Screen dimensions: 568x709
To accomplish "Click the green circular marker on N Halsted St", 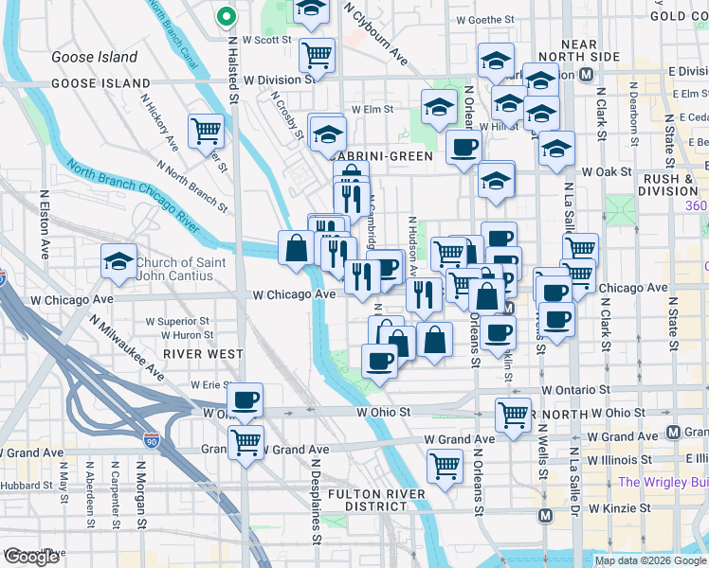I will [226, 16].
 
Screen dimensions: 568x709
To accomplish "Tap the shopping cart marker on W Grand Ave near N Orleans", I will [445, 465].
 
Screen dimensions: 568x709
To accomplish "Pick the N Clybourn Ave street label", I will [376, 34].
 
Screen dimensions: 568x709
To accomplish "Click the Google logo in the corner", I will [31, 557].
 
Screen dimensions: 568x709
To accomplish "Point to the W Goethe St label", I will [484, 19].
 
